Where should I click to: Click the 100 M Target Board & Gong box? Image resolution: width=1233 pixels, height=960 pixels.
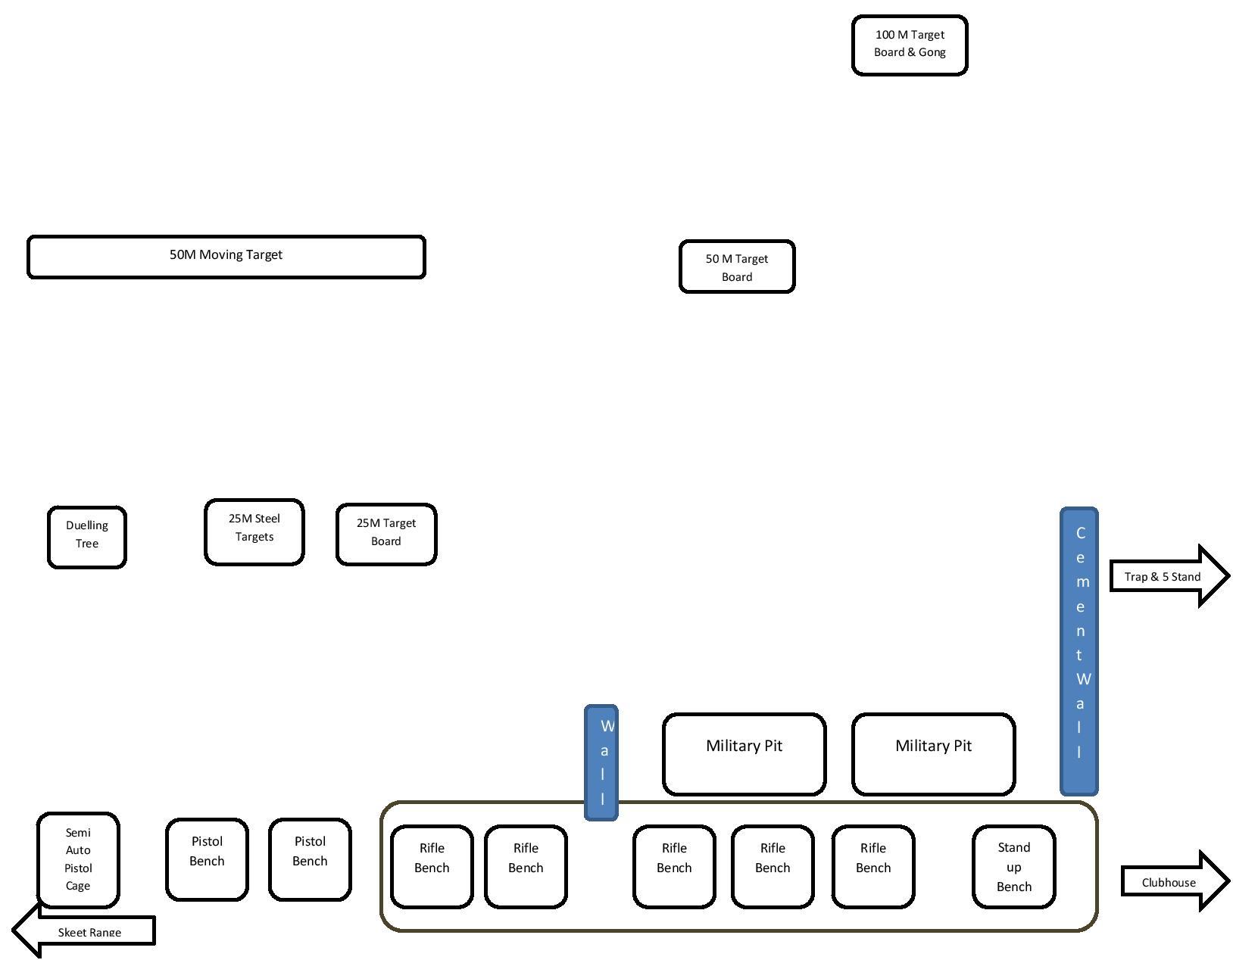909,45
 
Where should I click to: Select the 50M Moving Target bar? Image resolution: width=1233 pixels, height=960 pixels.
226,257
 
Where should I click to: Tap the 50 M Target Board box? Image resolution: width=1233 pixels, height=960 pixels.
736,266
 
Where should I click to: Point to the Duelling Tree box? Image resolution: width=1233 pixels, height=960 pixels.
86,537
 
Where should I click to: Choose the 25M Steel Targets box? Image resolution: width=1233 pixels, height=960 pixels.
254,531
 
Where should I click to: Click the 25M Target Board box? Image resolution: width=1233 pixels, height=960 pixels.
386,534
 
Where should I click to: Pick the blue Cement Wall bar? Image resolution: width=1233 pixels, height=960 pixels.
1078,651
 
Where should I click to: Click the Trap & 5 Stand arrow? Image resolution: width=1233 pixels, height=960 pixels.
1166,576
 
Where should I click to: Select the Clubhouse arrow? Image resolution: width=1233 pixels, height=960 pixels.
1172,882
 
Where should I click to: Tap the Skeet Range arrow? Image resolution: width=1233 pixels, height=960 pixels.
87,931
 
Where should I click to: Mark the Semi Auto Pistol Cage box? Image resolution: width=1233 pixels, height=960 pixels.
78,859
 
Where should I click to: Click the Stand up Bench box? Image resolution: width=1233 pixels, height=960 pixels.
1013,866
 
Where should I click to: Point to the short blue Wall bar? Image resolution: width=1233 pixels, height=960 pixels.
601,762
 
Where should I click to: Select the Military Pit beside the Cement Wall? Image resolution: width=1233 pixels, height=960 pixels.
932,754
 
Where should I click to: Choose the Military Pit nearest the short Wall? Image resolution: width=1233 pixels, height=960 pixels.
744,754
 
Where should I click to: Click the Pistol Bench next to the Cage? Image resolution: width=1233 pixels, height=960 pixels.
207,859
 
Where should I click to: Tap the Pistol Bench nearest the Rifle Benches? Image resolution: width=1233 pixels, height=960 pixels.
310,859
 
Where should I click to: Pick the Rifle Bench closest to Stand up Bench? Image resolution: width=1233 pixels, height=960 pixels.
872,866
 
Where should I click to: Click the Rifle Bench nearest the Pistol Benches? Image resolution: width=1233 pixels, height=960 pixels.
432,866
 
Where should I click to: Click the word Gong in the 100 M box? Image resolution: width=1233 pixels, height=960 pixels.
932,52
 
